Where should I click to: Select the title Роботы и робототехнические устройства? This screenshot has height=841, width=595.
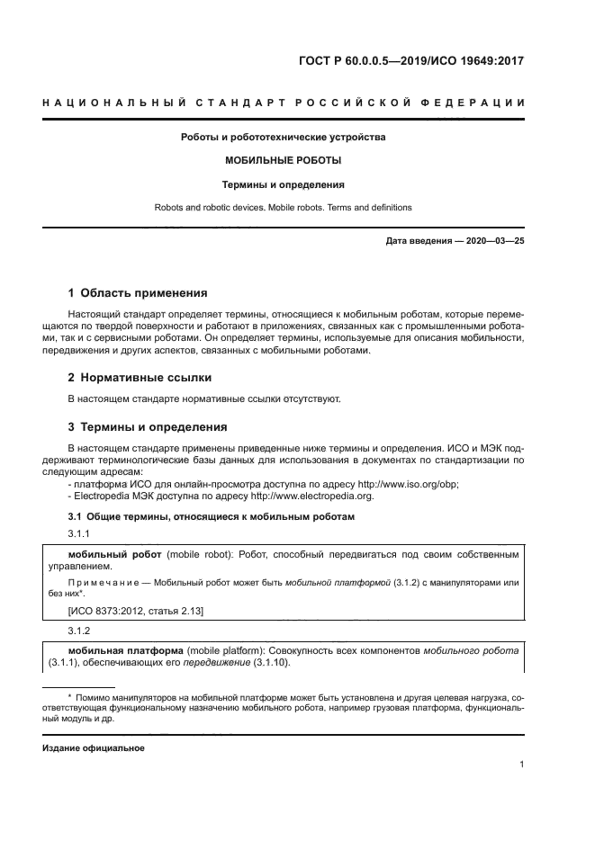point(283,138)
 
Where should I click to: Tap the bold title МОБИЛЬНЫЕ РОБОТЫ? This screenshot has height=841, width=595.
point(283,161)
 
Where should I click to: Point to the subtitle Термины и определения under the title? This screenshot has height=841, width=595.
point(283,184)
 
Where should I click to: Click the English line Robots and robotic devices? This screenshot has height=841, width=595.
point(283,207)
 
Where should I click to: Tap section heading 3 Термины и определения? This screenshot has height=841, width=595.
point(148,426)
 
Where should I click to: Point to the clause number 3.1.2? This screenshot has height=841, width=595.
point(81,631)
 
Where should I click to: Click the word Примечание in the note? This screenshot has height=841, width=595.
point(103,583)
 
